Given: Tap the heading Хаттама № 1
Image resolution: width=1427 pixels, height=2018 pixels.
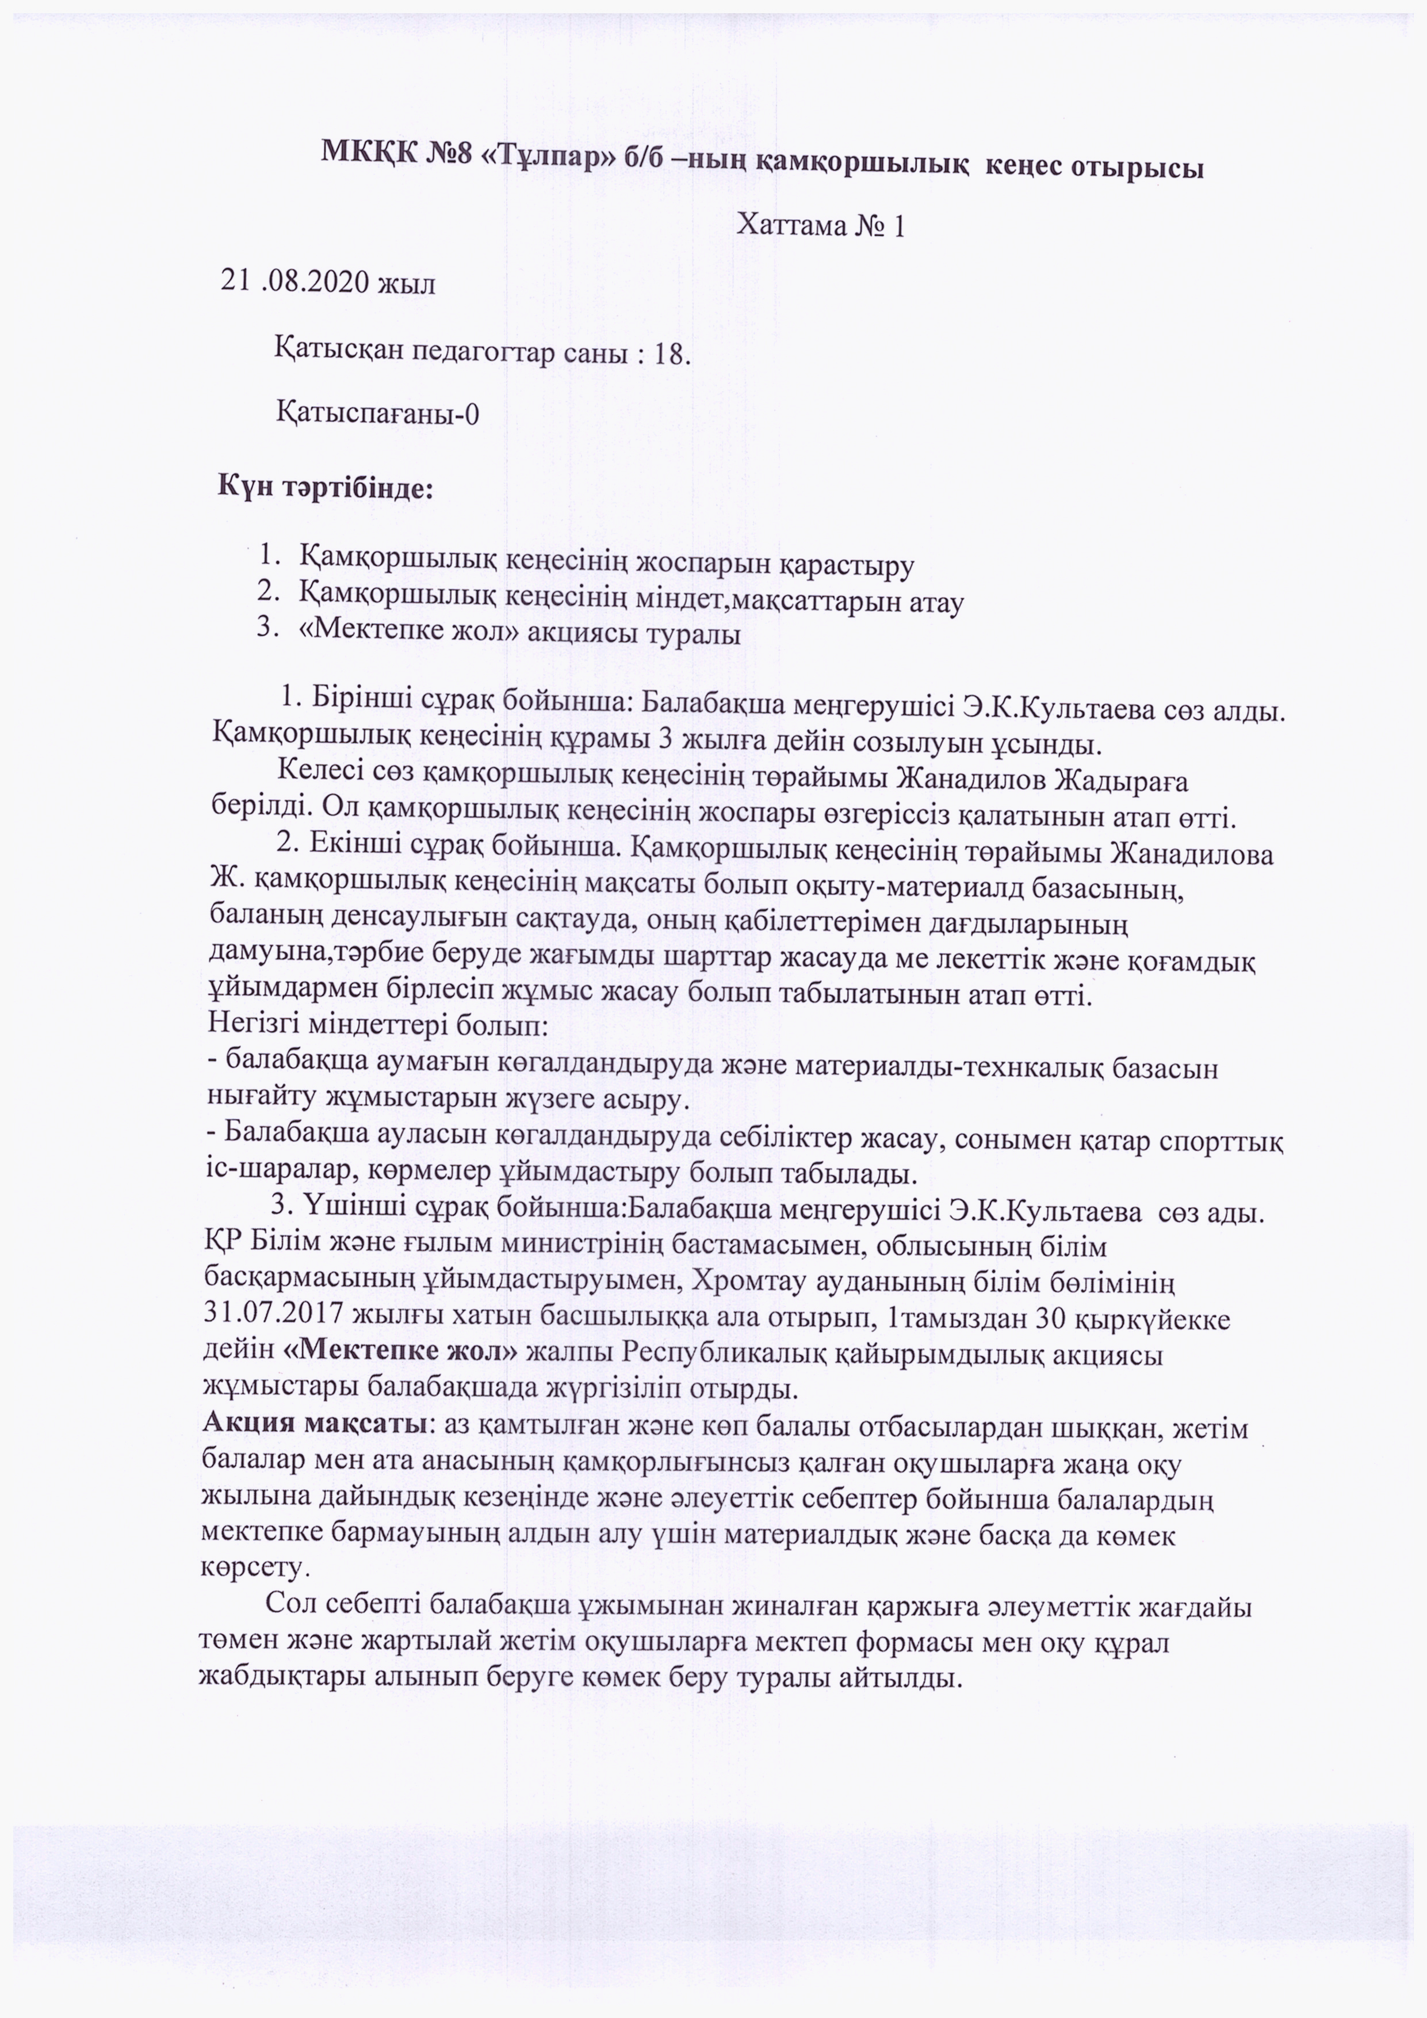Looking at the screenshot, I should pyautogui.click(x=821, y=226).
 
